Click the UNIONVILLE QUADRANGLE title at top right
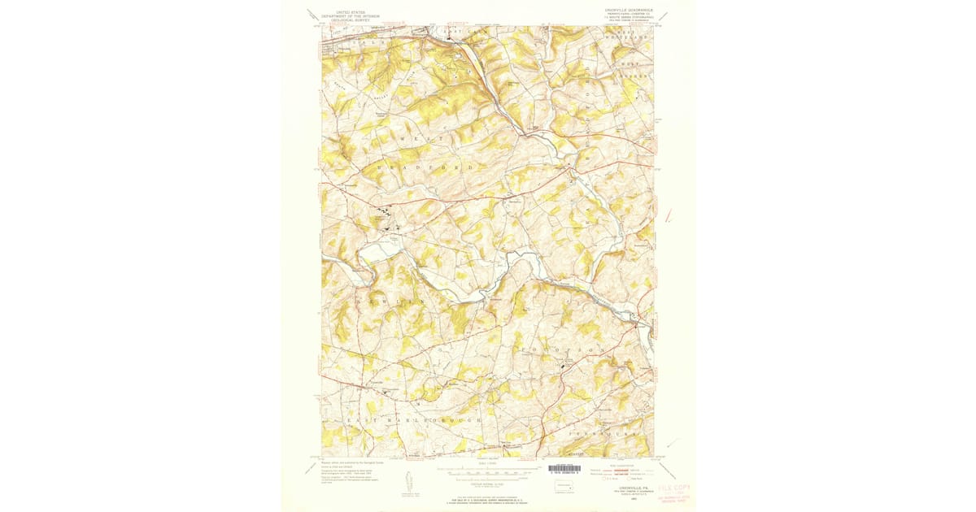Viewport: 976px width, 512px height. click(x=628, y=10)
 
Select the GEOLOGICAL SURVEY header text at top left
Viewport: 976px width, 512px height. click(x=349, y=20)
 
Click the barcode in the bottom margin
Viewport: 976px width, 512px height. click(x=564, y=469)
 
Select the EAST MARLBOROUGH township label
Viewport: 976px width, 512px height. click(x=416, y=419)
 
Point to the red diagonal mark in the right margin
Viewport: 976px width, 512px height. click(x=668, y=216)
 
